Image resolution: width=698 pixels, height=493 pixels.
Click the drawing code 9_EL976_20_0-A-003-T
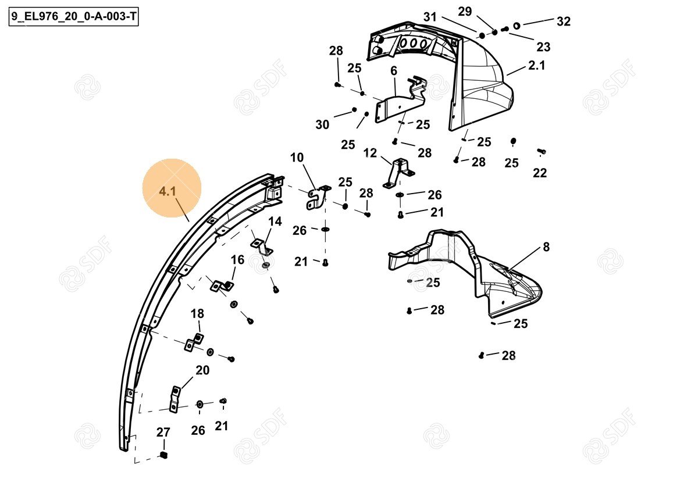click(73, 16)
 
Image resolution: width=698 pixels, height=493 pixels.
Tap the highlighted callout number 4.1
click(168, 191)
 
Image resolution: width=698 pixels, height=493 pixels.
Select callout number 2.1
click(536, 65)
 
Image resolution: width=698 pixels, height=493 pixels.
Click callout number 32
click(564, 21)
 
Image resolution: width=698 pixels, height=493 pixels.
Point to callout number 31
click(430, 17)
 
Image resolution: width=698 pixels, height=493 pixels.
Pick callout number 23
click(543, 47)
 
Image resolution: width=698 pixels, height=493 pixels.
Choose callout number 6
click(394, 71)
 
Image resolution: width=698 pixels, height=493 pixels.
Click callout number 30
click(322, 124)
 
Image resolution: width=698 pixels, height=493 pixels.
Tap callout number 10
click(297, 158)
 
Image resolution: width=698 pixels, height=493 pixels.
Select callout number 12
click(370, 153)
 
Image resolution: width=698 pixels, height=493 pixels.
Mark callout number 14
click(275, 222)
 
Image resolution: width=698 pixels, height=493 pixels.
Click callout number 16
click(237, 260)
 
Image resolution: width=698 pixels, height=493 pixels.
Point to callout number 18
click(197, 313)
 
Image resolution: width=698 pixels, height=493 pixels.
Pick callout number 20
click(202, 370)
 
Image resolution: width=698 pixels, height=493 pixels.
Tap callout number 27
click(163, 433)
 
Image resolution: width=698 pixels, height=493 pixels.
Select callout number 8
click(546, 247)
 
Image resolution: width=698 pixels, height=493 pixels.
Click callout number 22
click(540, 173)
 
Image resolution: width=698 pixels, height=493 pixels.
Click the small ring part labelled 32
click(517, 26)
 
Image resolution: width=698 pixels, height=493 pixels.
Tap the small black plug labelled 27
click(163, 455)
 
